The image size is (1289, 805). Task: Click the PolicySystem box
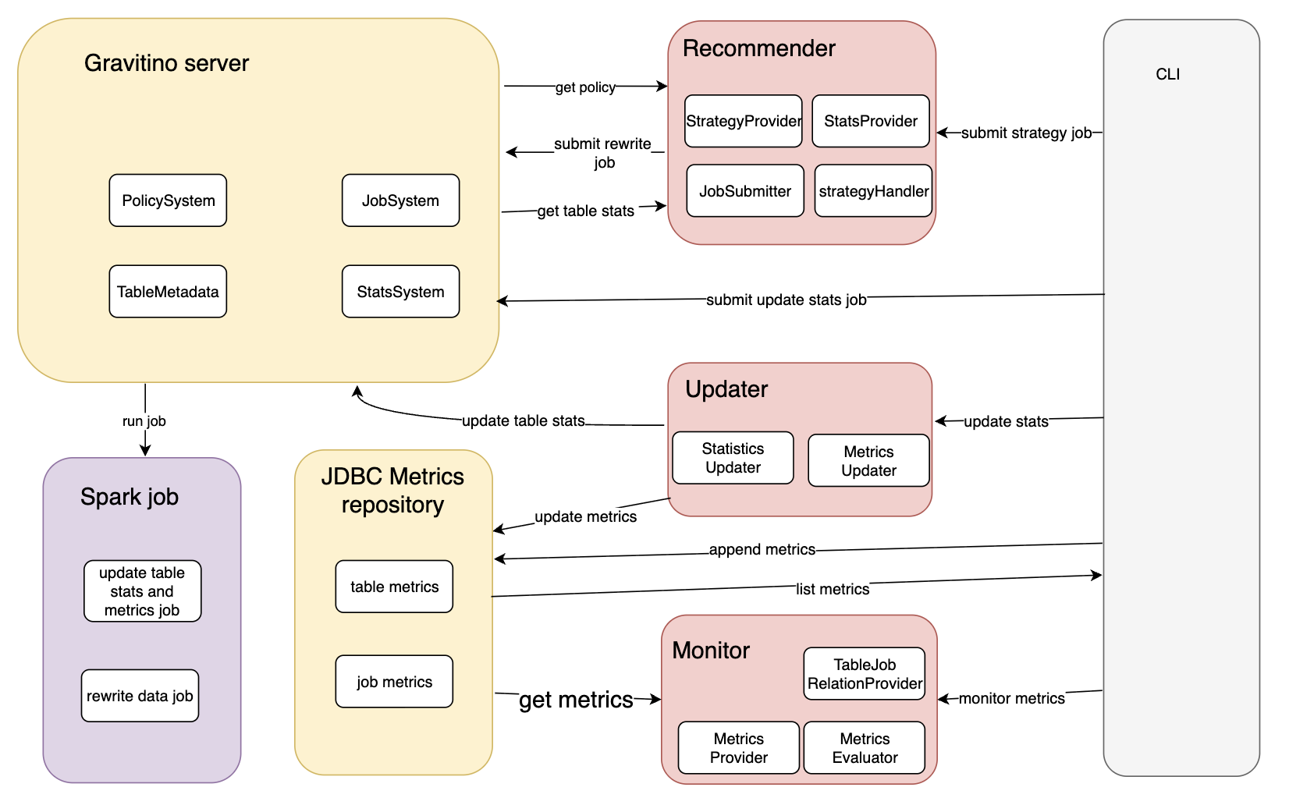[168, 200]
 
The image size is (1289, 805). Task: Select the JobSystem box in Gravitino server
[400, 200]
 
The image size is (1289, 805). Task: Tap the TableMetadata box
[168, 292]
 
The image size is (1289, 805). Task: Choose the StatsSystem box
[400, 292]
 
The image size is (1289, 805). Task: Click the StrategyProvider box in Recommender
[743, 121]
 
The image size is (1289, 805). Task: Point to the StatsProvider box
[871, 121]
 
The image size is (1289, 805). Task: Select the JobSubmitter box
[745, 191]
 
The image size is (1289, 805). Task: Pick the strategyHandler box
[873, 191]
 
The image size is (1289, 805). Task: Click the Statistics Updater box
[733, 458]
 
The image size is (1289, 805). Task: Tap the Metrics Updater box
[868, 461]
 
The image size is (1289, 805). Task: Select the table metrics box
[394, 587]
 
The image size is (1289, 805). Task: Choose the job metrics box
[394, 682]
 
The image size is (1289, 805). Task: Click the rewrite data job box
[140, 696]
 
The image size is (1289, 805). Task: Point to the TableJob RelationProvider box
[865, 674]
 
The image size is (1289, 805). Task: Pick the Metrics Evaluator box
[865, 748]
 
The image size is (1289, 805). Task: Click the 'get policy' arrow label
[585, 87]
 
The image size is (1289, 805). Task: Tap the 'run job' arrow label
[144, 421]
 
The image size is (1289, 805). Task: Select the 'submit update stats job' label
[786, 300]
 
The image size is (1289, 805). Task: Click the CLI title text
[1167, 74]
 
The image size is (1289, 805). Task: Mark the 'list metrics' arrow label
[833, 589]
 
